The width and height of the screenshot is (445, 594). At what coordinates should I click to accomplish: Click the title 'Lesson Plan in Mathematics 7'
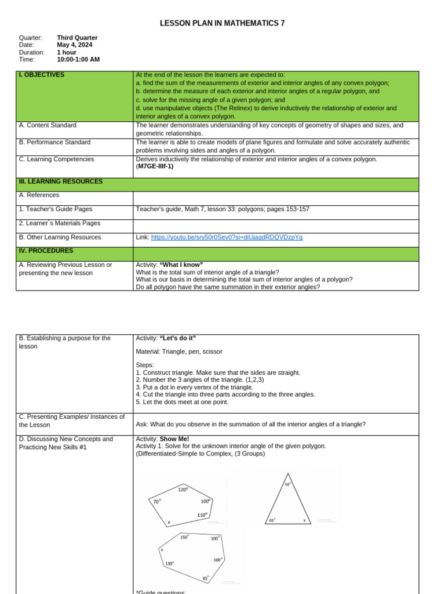click(222, 23)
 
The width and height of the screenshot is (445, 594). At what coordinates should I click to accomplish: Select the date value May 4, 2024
click(74, 45)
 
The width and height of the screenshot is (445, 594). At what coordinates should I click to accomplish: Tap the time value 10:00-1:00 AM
click(78, 59)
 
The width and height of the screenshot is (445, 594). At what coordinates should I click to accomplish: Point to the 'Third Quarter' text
click(77, 38)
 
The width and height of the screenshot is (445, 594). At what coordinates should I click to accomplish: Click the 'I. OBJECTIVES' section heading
click(42, 75)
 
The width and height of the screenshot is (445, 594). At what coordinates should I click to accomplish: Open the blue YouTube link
click(227, 237)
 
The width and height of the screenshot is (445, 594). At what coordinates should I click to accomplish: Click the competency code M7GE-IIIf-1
click(155, 166)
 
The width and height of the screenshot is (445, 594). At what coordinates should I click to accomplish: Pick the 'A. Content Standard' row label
click(48, 125)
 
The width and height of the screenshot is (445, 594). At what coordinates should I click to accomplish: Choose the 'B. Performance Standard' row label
click(54, 142)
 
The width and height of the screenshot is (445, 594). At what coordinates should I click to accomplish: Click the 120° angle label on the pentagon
click(183, 490)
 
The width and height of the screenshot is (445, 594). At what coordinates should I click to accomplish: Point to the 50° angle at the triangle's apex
click(288, 484)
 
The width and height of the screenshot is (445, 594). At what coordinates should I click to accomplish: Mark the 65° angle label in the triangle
click(272, 520)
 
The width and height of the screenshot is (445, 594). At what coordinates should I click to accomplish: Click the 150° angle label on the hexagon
click(184, 537)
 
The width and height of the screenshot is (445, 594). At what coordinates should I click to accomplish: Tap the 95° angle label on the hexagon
click(206, 578)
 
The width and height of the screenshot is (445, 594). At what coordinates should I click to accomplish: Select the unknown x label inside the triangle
click(304, 520)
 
